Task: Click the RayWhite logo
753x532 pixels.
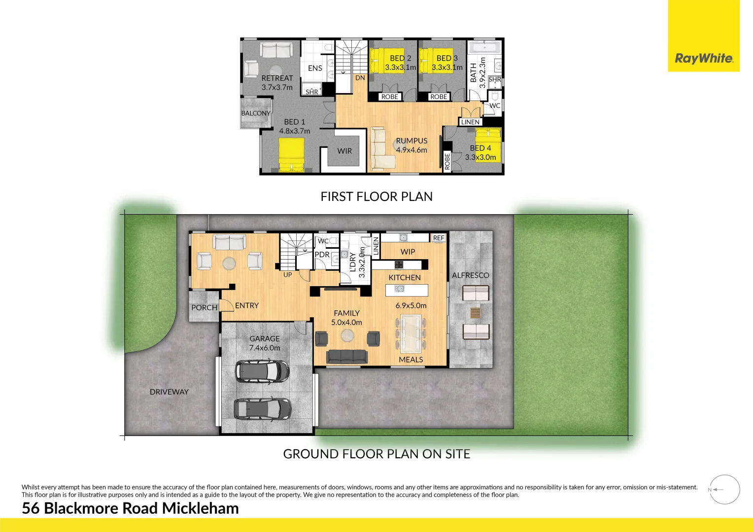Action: click(x=703, y=58)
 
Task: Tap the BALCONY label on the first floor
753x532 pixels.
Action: click(x=256, y=113)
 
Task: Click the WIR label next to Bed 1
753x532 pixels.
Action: click(x=344, y=151)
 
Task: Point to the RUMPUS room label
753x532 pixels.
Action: click(x=411, y=141)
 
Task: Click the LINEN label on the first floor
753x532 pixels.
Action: click(x=470, y=122)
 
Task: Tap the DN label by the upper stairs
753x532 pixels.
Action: click(x=360, y=78)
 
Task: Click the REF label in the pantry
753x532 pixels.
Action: click(x=438, y=238)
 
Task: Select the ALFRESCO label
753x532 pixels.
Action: click(x=471, y=275)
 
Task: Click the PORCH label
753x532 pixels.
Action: click(x=204, y=307)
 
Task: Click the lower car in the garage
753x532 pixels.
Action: click(x=262, y=408)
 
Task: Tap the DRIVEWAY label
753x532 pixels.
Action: click(x=169, y=392)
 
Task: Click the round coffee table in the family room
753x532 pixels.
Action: click(x=347, y=335)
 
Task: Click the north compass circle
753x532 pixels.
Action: click(x=725, y=490)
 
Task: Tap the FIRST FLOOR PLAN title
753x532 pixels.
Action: click(x=376, y=197)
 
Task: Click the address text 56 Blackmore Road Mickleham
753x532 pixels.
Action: click(x=130, y=508)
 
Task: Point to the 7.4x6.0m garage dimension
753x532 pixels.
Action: click(x=265, y=348)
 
